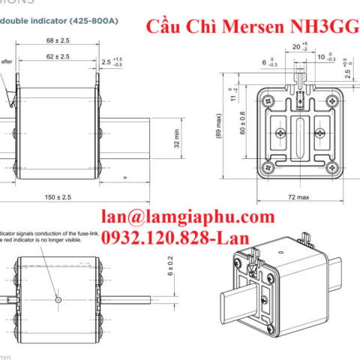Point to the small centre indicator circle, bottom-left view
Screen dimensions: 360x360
point(59,298)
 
